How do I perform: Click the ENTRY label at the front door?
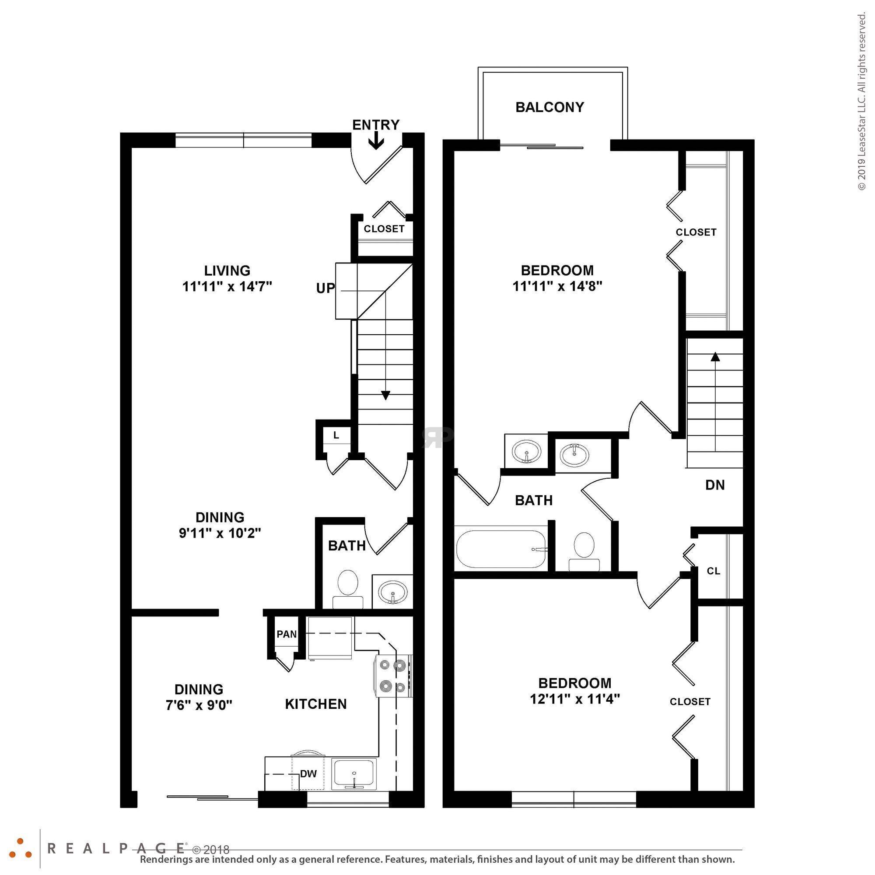click(376, 125)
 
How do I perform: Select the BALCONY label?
click(550, 107)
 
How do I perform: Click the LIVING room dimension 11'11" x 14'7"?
click(227, 287)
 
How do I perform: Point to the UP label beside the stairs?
click(325, 288)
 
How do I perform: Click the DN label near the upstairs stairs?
click(715, 485)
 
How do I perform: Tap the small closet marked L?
click(336, 435)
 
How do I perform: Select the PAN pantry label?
click(287, 634)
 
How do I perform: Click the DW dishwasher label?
click(308, 773)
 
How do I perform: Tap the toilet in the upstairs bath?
click(584, 550)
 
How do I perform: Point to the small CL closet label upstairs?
click(713, 571)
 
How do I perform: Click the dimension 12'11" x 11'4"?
click(575, 699)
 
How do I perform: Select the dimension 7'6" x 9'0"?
click(199, 705)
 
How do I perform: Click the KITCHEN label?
click(316, 704)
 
